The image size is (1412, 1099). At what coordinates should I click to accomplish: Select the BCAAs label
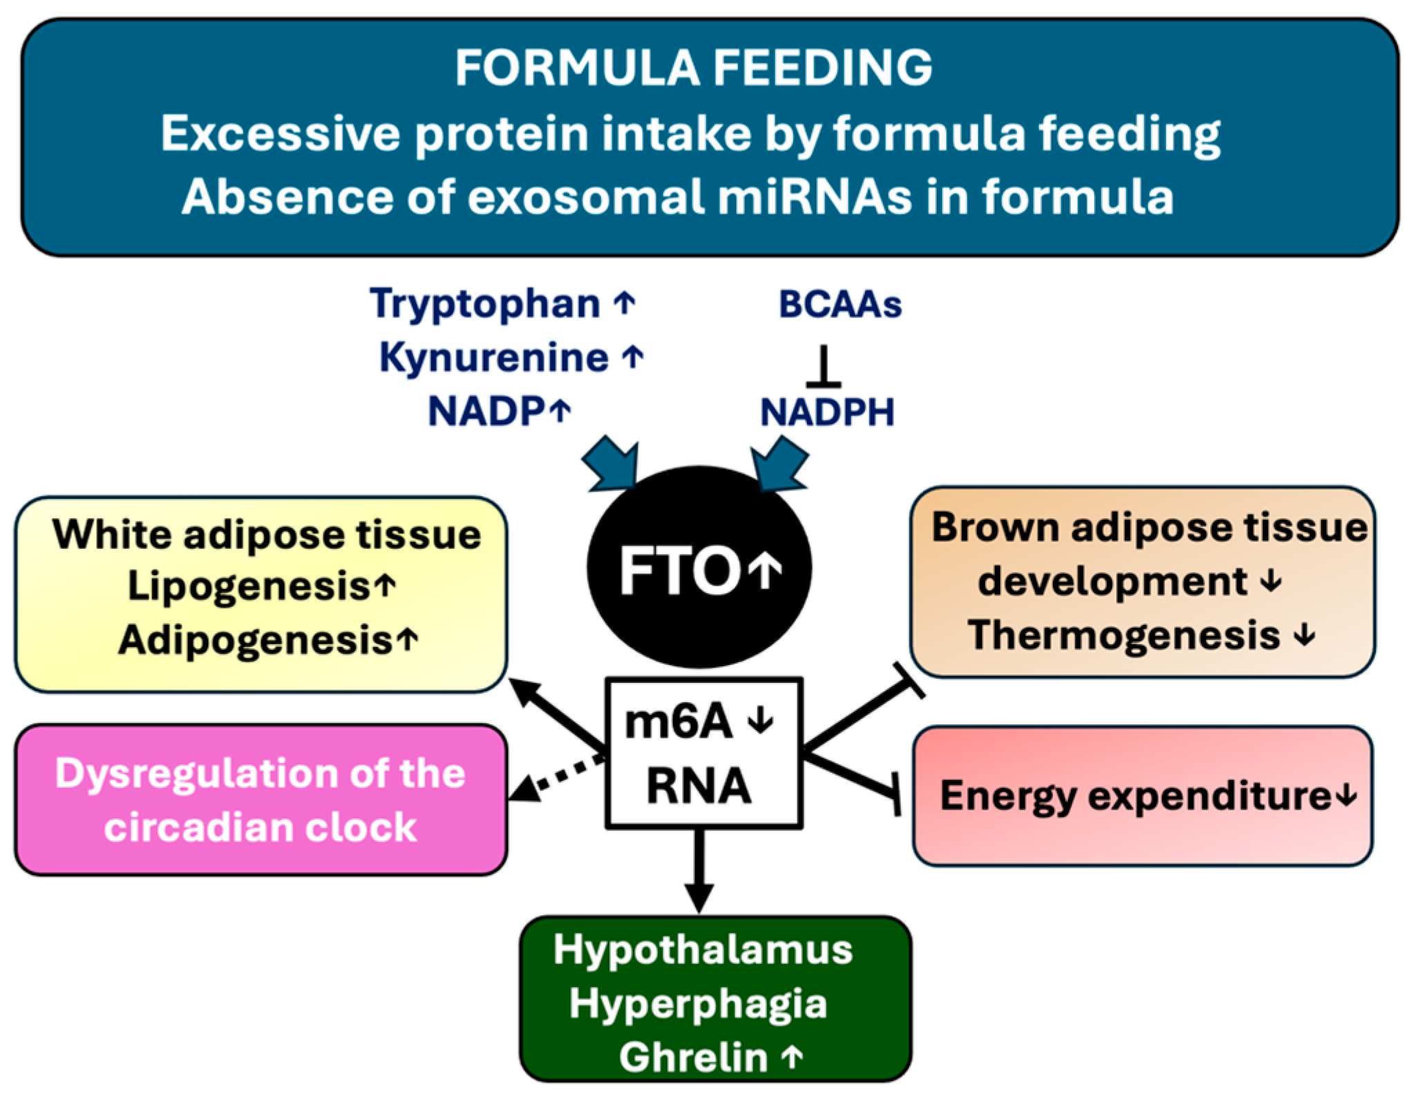point(840,304)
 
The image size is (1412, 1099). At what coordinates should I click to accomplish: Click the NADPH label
point(828,413)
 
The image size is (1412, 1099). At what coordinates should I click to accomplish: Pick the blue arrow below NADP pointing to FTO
point(611,463)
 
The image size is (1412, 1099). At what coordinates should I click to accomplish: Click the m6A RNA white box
point(703,753)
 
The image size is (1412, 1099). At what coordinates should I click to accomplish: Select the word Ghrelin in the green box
point(693,1058)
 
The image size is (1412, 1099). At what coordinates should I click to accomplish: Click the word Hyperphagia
point(698,1004)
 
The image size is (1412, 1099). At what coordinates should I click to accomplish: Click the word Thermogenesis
point(1124,635)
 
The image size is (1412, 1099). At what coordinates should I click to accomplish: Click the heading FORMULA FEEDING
point(694,68)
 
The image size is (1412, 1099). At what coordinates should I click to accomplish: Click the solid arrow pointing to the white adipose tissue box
point(556,715)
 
